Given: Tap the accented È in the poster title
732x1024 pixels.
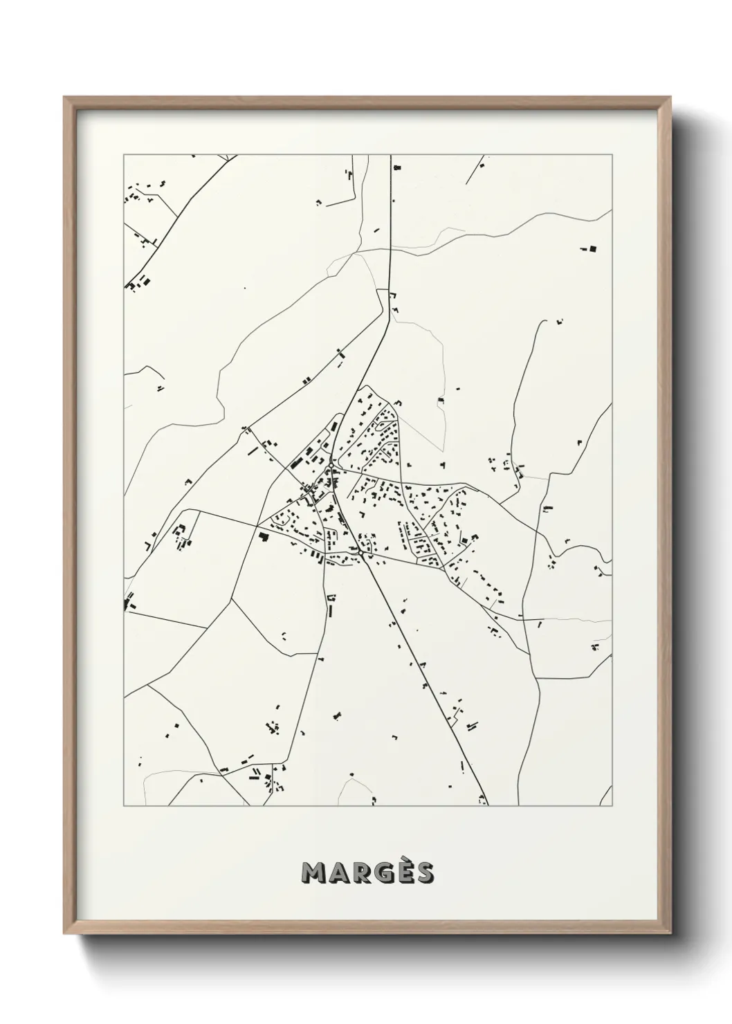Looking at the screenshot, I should (x=402, y=872).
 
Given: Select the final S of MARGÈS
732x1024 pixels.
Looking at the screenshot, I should (x=423, y=874).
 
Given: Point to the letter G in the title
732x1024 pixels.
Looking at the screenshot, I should (x=379, y=874).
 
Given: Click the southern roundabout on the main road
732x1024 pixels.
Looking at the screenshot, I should (x=361, y=553).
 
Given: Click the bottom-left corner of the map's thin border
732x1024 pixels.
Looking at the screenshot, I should (x=124, y=806).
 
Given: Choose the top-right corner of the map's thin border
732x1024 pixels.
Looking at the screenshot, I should (x=612, y=154).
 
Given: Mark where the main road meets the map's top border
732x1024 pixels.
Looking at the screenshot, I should (x=392, y=155).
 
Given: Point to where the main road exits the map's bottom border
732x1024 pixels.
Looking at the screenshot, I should (x=487, y=805).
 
